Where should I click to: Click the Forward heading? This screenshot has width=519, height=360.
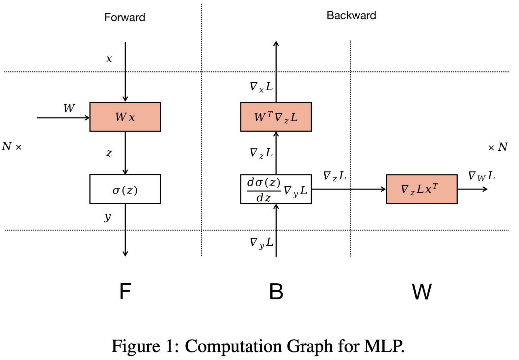coord(124,17)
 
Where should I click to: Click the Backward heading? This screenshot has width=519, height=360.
coord(351,15)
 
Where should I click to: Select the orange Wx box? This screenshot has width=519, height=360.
coord(125,117)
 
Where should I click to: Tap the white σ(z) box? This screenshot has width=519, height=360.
coord(125,189)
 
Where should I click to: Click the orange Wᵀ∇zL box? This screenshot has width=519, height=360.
coord(276,117)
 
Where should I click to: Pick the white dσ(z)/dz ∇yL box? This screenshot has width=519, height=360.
coord(276,189)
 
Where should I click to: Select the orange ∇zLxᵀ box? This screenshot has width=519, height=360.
coord(422,189)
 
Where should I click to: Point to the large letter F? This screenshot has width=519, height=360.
coord(125,292)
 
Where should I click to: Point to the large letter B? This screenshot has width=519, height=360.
coord(276,292)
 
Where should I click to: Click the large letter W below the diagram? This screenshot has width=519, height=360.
coord(422,292)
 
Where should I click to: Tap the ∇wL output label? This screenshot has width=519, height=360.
coord(481,176)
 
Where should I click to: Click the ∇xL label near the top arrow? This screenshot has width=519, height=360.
coord(261,87)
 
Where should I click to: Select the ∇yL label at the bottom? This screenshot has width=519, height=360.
coord(261,243)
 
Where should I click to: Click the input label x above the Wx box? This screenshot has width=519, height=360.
coord(109,59)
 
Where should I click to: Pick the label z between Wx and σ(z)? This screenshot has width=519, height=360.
coord(109,153)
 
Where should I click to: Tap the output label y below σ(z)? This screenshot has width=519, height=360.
coord(108,217)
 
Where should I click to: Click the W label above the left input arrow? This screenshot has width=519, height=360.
coord(69,108)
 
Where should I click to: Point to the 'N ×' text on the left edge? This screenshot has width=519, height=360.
coord(12,146)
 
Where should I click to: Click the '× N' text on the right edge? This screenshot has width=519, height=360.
coord(498,147)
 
